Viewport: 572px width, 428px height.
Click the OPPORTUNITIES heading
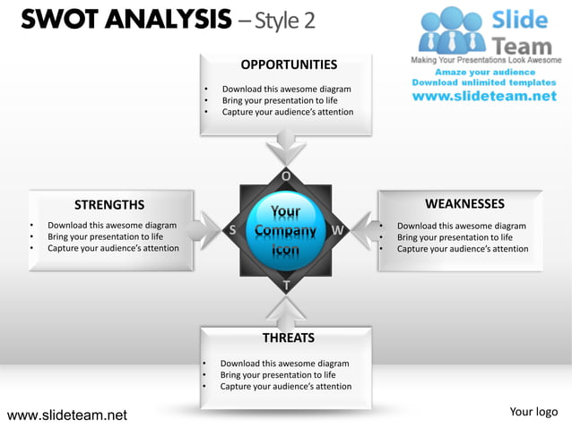(289, 64)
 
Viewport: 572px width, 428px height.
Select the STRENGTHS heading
(109, 205)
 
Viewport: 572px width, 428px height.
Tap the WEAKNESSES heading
(464, 204)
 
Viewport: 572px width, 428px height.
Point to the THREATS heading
(288, 338)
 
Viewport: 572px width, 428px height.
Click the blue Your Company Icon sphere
(285, 230)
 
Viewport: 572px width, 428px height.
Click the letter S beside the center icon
(233, 230)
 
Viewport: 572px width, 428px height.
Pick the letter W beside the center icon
(338, 230)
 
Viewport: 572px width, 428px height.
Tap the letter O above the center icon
(286, 175)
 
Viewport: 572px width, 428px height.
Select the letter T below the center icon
(286, 286)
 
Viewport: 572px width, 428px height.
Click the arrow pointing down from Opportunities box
(289, 146)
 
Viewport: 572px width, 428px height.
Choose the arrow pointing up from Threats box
(287, 311)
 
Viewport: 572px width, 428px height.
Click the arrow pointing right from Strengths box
(207, 230)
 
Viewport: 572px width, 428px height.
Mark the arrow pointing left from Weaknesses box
(363, 230)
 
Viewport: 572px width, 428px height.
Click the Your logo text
(533, 412)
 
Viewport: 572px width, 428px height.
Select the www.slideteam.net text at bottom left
(67, 415)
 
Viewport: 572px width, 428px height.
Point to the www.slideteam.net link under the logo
(485, 96)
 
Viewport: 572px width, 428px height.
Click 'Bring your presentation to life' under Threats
(278, 375)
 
